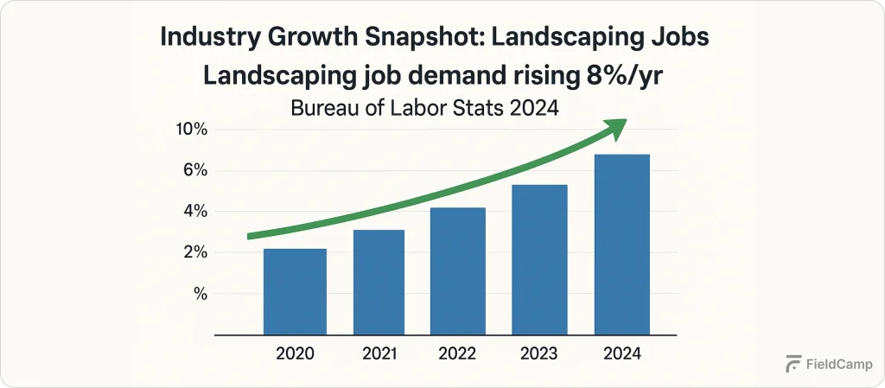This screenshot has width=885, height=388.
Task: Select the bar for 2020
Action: (295, 292)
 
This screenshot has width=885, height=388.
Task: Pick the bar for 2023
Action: (539, 260)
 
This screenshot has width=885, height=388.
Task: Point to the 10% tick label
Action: (192, 130)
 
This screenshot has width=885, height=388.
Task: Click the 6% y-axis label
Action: (195, 171)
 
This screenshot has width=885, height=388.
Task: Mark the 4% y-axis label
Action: (195, 212)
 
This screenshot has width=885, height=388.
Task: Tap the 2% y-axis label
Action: (195, 253)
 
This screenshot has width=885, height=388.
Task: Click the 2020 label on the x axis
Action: (295, 354)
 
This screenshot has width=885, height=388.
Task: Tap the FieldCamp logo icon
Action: (793, 365)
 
